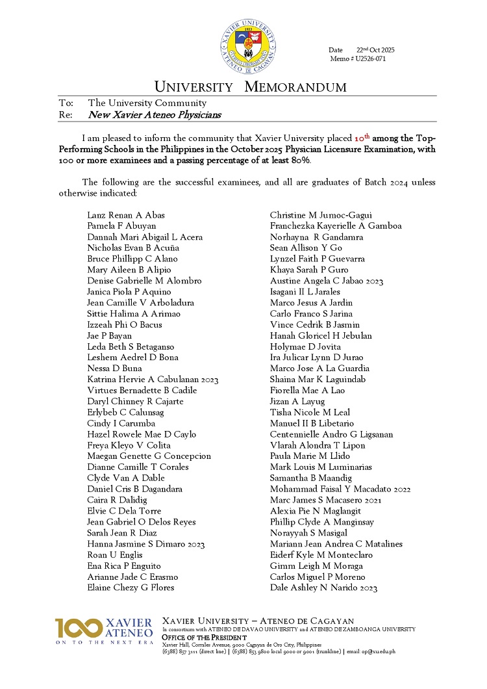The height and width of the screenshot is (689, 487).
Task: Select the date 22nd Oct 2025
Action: coord(375,50)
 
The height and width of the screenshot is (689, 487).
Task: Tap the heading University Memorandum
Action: coord(250,87)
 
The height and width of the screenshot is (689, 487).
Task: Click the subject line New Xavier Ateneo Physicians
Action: coord(155,115)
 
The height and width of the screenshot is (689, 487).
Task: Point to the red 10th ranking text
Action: coord(362,138)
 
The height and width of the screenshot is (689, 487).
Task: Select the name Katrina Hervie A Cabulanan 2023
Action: coord(153,380)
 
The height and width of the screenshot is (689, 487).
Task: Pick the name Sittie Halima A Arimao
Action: coord(134,314)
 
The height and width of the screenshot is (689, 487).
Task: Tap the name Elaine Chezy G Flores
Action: coord(131,588)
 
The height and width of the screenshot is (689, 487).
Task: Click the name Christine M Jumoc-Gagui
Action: coord(321,215)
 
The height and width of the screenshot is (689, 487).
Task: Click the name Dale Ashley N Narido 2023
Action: coord(323,588)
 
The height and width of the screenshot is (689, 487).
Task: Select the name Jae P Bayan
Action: coord(109,336)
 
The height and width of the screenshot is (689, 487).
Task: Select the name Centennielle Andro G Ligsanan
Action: coord(331,434)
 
